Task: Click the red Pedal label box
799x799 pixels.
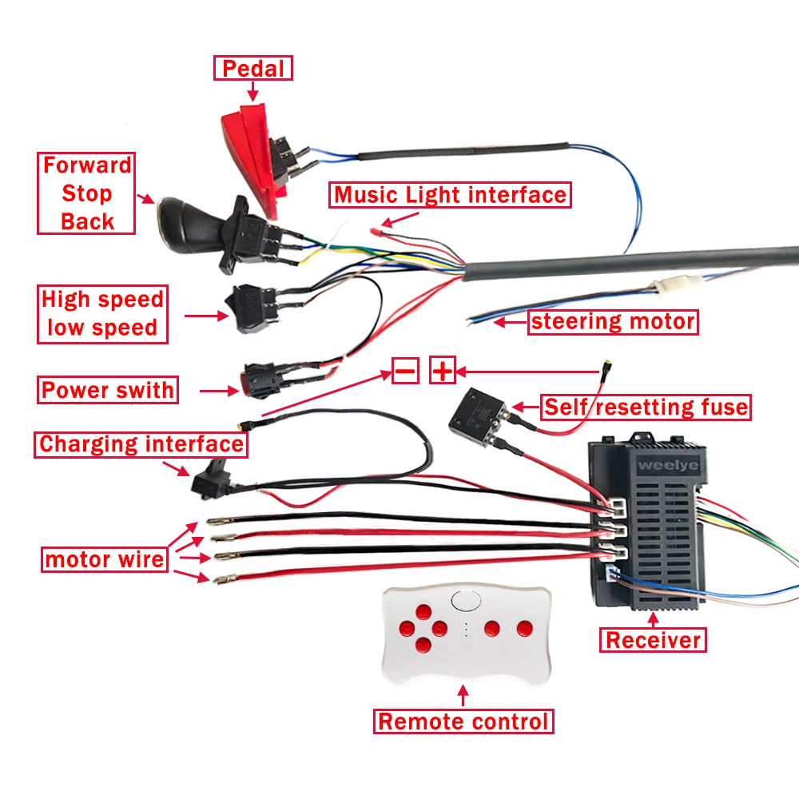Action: point(253,68)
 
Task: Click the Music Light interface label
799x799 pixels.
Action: point(450,195)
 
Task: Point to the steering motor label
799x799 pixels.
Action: point(613,322)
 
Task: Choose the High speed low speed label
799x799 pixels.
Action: point(102,314)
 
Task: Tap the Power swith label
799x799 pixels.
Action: point(107,390)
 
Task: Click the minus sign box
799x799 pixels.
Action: point(405,371)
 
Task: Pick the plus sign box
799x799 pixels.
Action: point(443,371)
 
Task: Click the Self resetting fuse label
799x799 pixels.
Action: point(646,407)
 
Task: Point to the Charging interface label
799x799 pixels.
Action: point(141,444)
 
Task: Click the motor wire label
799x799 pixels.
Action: point(105,559)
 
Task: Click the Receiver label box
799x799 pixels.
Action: point(653,639)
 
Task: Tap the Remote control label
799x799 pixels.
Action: point(463,721)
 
